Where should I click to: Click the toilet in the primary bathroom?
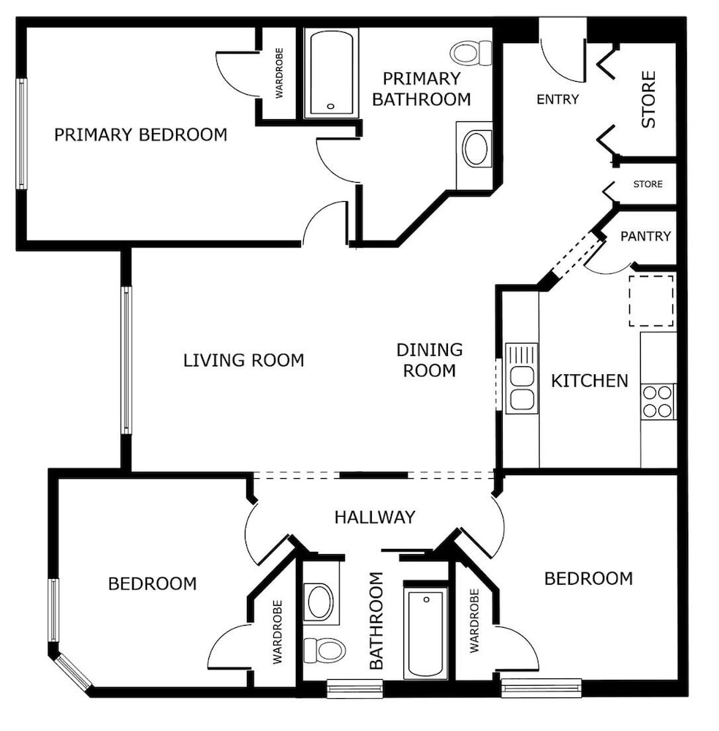click(x=471, y=53)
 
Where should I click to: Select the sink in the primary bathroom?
click(x=475, y=148)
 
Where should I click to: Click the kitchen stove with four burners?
click(x=658, y=401)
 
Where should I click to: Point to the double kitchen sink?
click(x=522, y=379)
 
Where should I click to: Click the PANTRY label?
click(x=645, y=236)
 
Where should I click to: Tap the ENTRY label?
click(x=558, y=99)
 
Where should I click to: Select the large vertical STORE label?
click(x=648, y=99)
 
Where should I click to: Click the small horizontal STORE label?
click(x=647, y=184)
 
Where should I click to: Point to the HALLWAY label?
click(x=375, y=517)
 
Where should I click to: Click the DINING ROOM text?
click(x=429, y=360)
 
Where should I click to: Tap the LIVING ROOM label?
click(x=244, y=360)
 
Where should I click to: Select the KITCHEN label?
click(x=590, y=381)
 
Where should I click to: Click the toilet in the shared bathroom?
click(x=324, y=650)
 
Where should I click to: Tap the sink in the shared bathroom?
click(x=320, y=602)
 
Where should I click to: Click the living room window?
click(x=126, y=360)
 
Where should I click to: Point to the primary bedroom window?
click(x=21, y=134)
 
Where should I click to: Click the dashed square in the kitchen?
click(x=651, y=300)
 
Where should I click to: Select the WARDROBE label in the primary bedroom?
click(x=279, y=72)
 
